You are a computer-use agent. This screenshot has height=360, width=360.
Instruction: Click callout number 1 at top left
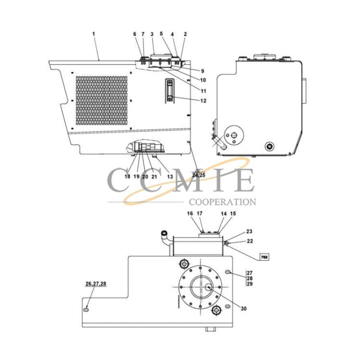point(94,34)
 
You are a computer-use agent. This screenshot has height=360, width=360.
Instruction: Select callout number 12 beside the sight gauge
point(204,101)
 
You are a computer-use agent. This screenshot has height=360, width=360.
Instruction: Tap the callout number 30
point(243,309)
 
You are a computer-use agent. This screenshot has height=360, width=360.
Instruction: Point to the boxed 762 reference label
point(264,257)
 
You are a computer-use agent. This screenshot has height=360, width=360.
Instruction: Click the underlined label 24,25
point(199,175)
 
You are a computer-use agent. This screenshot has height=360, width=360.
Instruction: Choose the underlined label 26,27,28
point(96,284)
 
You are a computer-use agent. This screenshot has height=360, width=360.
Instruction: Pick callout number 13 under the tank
point(170,177)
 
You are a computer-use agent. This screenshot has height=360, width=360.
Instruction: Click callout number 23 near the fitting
point(249,231)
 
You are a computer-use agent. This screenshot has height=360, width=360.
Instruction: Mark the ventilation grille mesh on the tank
point(101,101)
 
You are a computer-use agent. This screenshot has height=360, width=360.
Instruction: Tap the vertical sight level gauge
point(169,90)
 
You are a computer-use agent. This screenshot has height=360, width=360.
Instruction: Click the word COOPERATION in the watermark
point(222,202)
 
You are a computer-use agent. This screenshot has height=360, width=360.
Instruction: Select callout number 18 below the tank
point(127,176)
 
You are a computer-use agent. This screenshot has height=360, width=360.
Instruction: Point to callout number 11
point(204,91)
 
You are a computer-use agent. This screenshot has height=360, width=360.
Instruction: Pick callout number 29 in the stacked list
point(250,284)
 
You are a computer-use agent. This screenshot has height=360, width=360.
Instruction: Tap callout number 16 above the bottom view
point(190,214)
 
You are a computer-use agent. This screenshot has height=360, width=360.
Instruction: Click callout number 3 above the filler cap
point(152,34)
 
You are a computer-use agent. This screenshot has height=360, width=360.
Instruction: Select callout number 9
point(202,71)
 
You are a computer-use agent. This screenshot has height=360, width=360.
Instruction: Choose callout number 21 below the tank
point(154,177)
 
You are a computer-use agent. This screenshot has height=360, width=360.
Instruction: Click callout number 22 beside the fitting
point(250,241)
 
